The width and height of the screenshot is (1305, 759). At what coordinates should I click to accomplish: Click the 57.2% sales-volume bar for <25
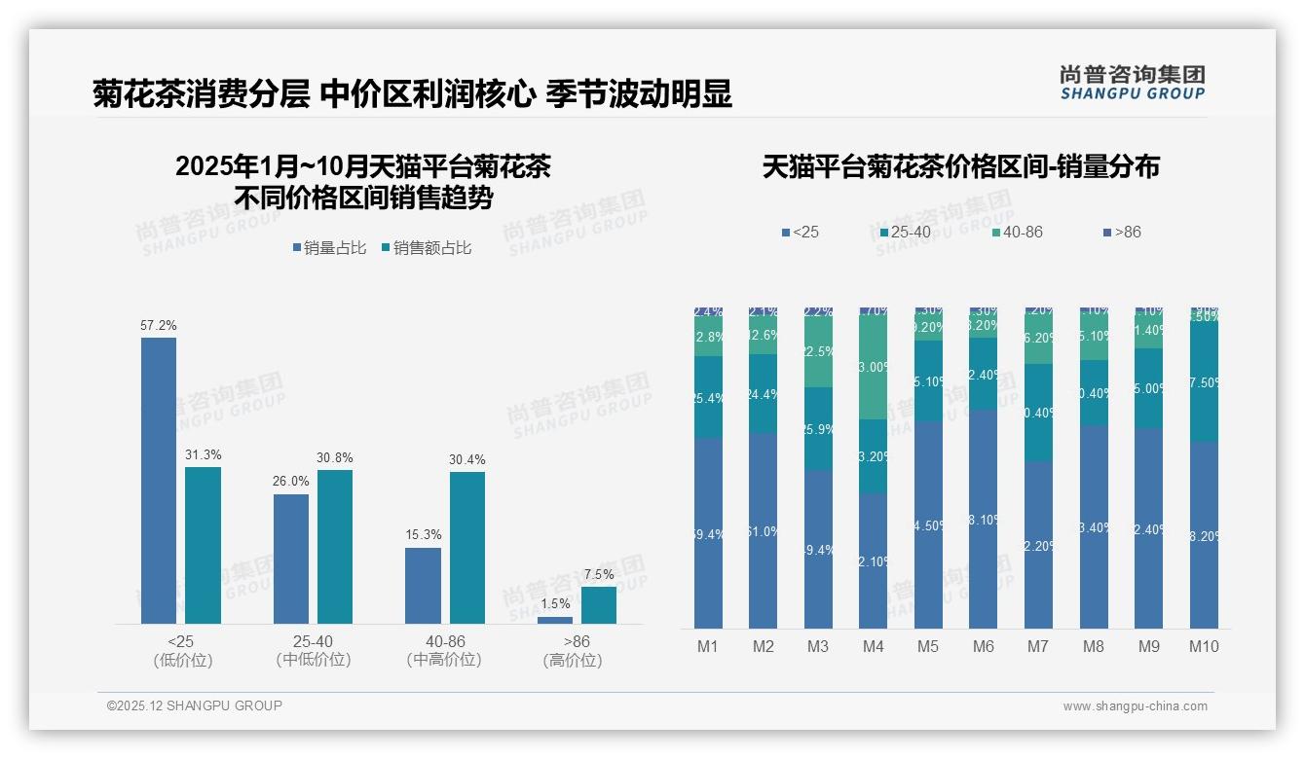point(159,481)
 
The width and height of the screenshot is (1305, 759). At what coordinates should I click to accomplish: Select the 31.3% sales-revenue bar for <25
point(203,545)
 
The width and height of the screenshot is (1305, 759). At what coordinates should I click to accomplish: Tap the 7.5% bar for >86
point(599,604)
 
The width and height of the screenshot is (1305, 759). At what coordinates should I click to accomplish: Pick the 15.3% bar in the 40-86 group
point(423,585)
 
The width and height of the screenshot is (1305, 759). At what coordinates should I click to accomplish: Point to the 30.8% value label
point(335,458)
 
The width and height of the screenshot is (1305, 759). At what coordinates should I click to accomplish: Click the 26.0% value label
point(291,482)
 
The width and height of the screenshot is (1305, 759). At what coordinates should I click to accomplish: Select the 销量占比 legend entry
point(329,248)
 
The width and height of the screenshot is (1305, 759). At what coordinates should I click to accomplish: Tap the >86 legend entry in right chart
point(1121,233)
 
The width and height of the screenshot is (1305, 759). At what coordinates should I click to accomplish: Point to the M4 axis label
point(873,646)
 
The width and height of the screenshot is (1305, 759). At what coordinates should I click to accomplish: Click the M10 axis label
point(1204,646)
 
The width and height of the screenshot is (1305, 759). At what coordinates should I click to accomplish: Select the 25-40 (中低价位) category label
point(313,651)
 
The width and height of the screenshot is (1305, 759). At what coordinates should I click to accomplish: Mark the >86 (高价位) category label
point(576,651)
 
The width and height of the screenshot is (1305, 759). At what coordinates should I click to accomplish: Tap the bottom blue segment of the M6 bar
point(983,520)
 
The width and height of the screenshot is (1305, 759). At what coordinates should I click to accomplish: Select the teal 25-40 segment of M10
point(1204,381)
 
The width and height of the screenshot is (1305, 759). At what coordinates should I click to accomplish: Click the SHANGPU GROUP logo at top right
point(1132,82)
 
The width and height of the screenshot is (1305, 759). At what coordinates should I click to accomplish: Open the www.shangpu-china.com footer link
point(1135,706)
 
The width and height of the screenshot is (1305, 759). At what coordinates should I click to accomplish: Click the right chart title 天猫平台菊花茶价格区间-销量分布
point(961,167)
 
